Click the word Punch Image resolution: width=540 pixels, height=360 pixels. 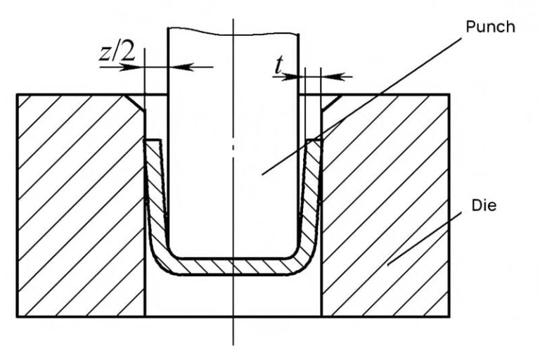click(x=490, y=27)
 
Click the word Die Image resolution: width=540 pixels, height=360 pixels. click(x=484, y=205)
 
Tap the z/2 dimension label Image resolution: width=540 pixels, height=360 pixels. click(x=117, y=53)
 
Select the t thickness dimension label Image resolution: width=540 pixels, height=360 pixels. click(x=279, y=65)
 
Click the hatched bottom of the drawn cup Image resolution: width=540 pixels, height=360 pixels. click(x=233, y=266)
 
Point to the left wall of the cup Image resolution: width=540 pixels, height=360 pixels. click(x=155, y=193)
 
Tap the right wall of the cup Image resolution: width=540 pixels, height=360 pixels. click(x=311, y=193)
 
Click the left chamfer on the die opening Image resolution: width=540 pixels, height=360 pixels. click(x=135, y=103)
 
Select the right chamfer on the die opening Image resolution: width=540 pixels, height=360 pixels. click(x=331, y=103)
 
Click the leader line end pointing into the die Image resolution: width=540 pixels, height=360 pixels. click(x=388, y=265)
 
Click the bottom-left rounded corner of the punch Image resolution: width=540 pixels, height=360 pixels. click(x=172, y=253)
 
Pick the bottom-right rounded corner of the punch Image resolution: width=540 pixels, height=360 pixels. click(x=294, y=253)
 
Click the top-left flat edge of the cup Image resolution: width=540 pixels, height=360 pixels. click(x=153, y=140)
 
